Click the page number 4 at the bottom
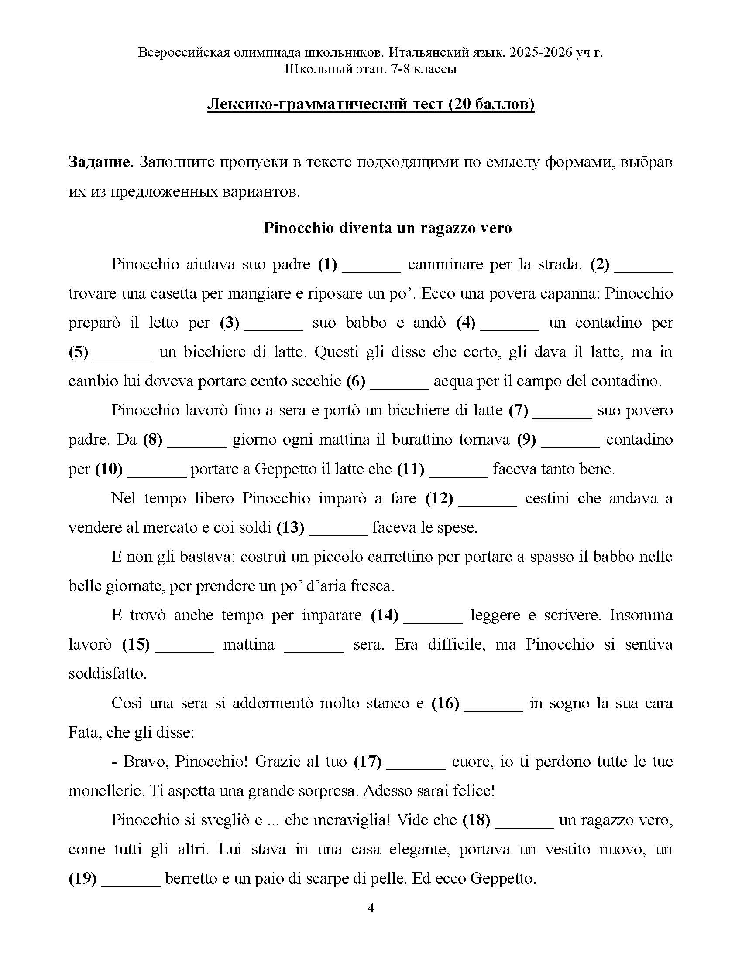[x=371, y=908]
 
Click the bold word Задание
[x=101, y=163]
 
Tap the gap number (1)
[x=327, y=264]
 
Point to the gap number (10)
[x=109, y=469]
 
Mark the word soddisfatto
[x=107, y=673]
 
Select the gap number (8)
[x=152, y=439]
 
